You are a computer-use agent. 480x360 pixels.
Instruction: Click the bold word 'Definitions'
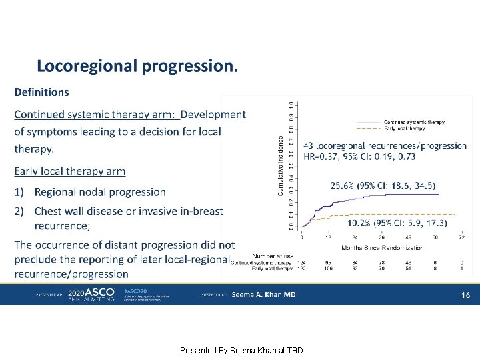[41, 92]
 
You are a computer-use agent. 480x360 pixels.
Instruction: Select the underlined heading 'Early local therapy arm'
[69, 171]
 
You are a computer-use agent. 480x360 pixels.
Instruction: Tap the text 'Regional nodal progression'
[100, 192]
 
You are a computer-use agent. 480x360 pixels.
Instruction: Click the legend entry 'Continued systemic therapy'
[414, 122]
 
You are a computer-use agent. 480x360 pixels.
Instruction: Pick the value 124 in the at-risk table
[301, 262]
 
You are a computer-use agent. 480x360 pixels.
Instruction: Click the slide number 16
[465, 295]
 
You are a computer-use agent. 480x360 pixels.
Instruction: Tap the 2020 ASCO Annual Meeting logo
[91, 295]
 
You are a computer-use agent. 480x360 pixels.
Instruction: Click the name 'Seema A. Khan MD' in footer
[263, 295]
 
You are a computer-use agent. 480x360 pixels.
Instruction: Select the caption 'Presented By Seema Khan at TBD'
[241, 350]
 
